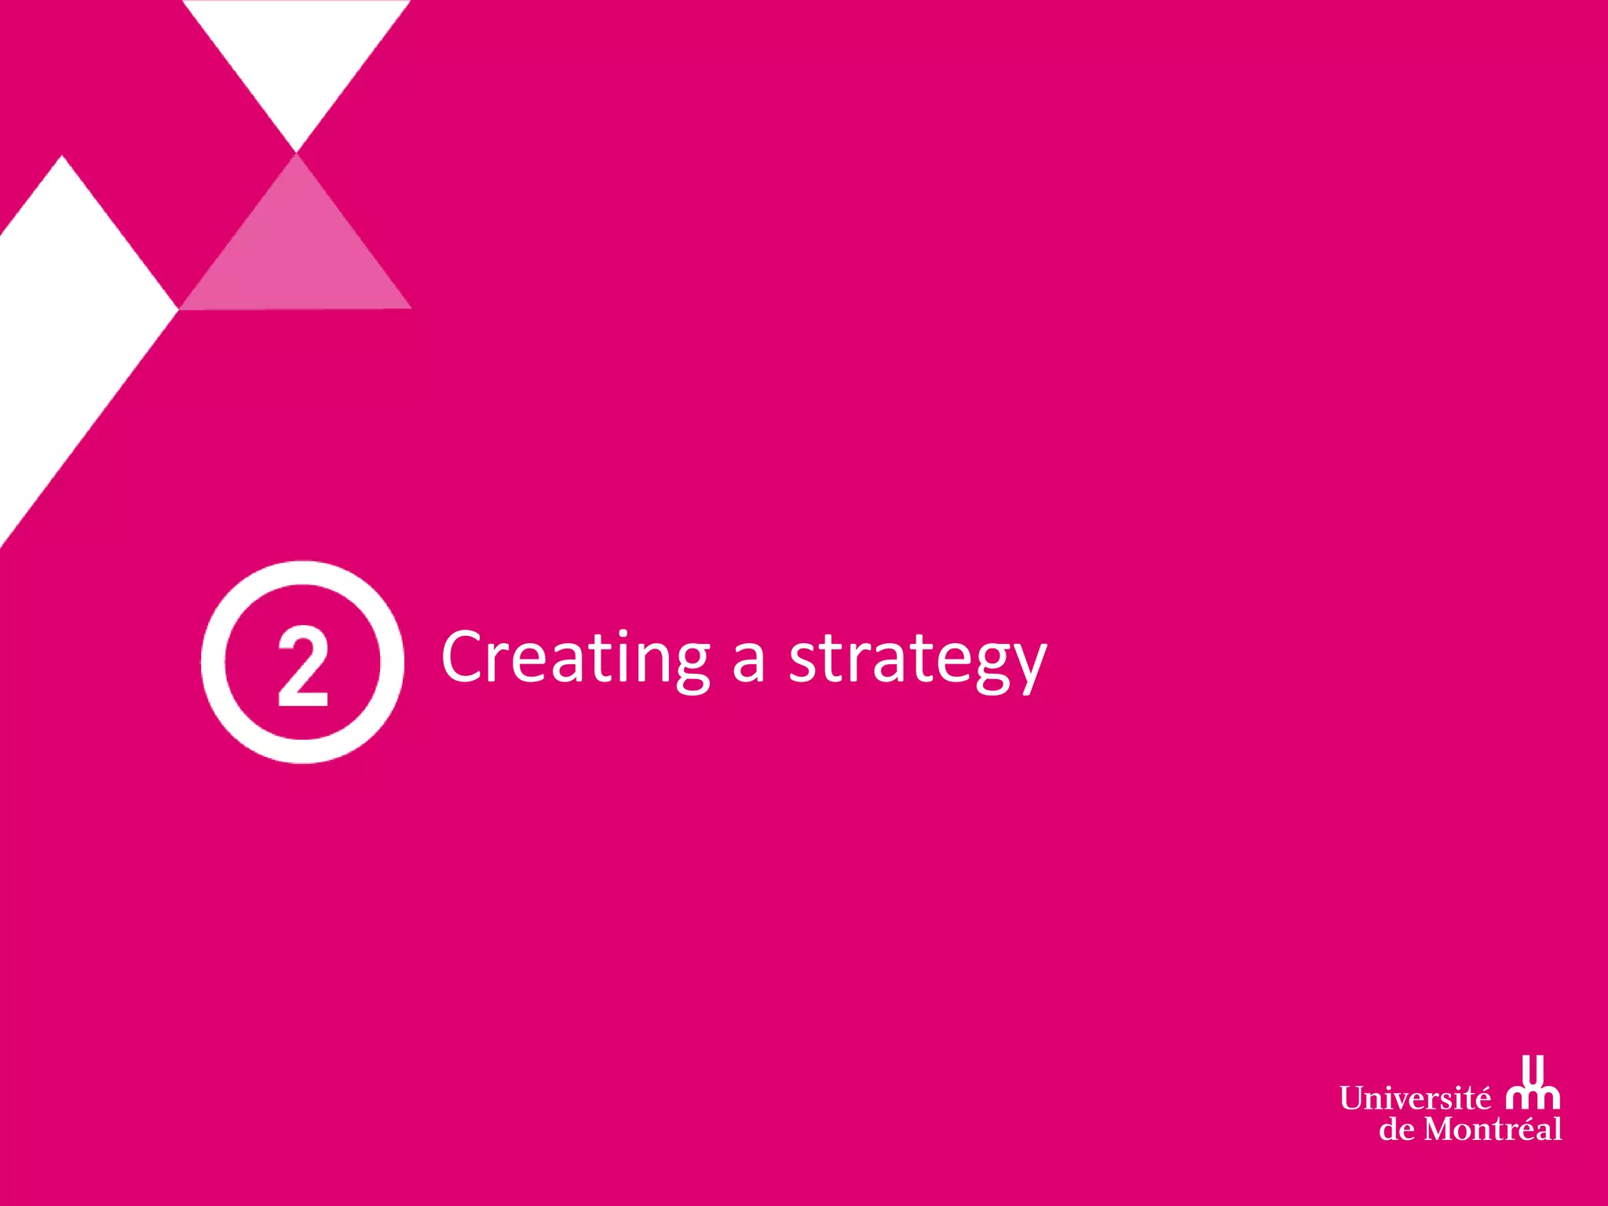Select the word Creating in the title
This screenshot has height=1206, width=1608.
576,658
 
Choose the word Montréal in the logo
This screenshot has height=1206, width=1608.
1493,1130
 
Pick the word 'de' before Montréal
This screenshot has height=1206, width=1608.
1398,1130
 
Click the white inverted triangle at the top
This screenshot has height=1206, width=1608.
297,55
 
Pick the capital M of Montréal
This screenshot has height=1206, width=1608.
1442,1130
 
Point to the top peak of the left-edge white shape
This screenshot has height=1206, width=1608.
62,159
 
